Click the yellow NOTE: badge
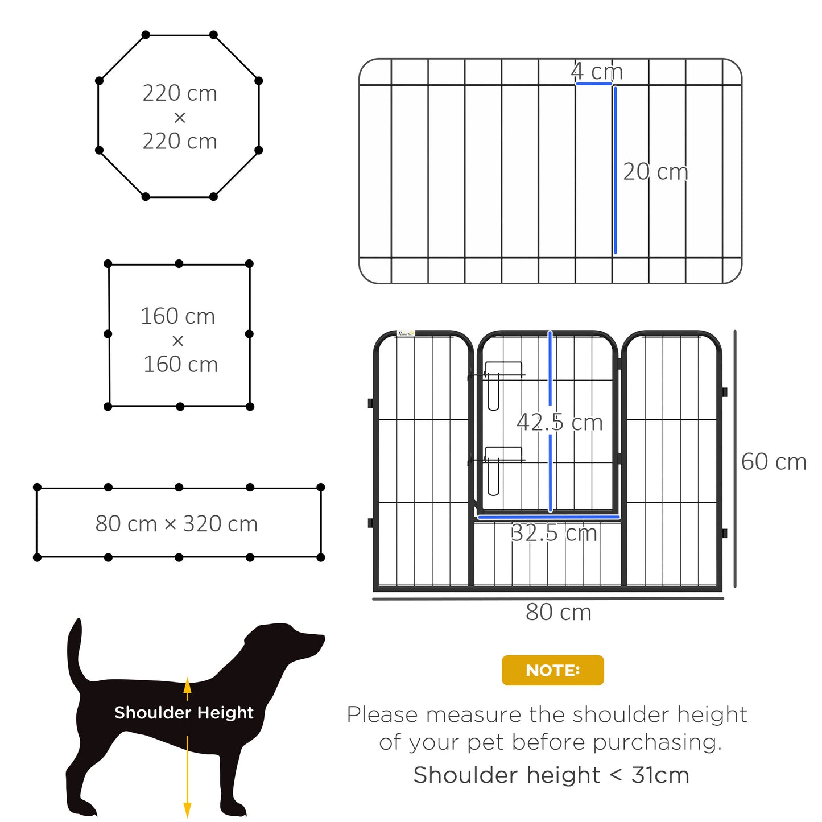coord(552,670)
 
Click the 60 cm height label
coord(774,462)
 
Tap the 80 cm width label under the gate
coord(558,613)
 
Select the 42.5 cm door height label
coord(559,423)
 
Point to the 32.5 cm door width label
coord(553,533)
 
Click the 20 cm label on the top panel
coord(655,172)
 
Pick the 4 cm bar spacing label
coord(597,72)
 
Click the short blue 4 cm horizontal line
coord(593,84)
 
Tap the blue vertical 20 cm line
coord(615,171)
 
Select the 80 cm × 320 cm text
coord(176,524)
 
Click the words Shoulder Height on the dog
coord(184,713)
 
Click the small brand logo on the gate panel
coord(406,333)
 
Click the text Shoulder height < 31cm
coord(551,775)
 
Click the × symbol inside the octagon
coord(180,118)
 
